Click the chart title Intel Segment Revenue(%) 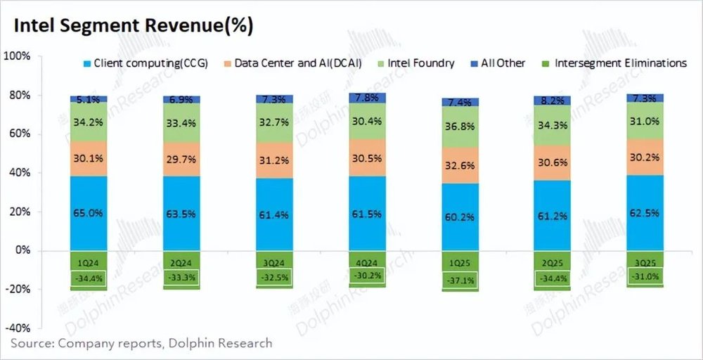point(134,26)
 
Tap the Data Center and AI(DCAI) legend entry point(295,63)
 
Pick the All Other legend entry point(503,63)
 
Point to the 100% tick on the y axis point(18,56)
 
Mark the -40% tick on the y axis point(18,328)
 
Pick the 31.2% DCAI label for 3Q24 point(275,161)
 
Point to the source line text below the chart point(141,343)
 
